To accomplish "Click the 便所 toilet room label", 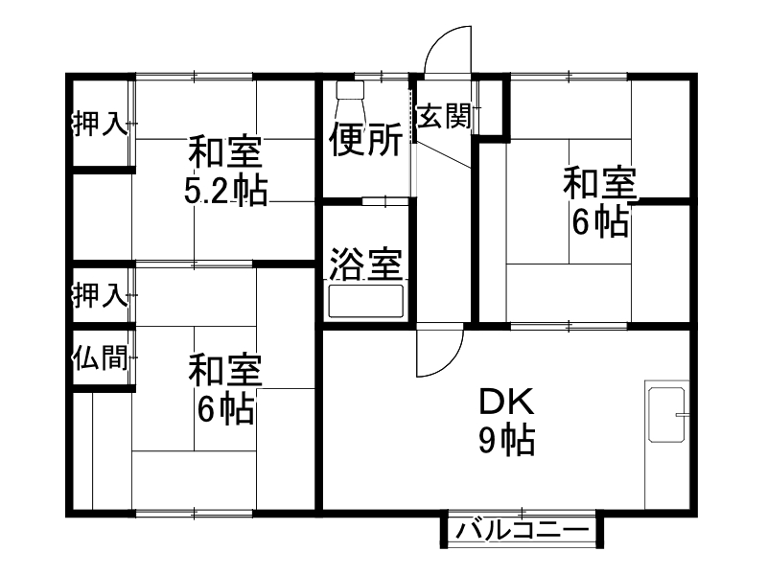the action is tap(365, 141).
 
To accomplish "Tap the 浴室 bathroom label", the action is tap(365, 264).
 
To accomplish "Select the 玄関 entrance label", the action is tap(442, 117).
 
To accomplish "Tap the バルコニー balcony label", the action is tap(522, 530).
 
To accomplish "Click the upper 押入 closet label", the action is tap(100, 125).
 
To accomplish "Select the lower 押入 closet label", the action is tap(100, 295).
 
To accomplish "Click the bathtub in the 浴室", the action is tap(367, 301).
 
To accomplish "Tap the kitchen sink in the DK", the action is tap(665, 414).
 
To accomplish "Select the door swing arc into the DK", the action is tap(436, 355).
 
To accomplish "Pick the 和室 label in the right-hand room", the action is tap(600, 182).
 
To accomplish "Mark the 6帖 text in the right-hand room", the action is tap(600, 221).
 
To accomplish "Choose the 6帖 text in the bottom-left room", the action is tap(225, 410).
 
